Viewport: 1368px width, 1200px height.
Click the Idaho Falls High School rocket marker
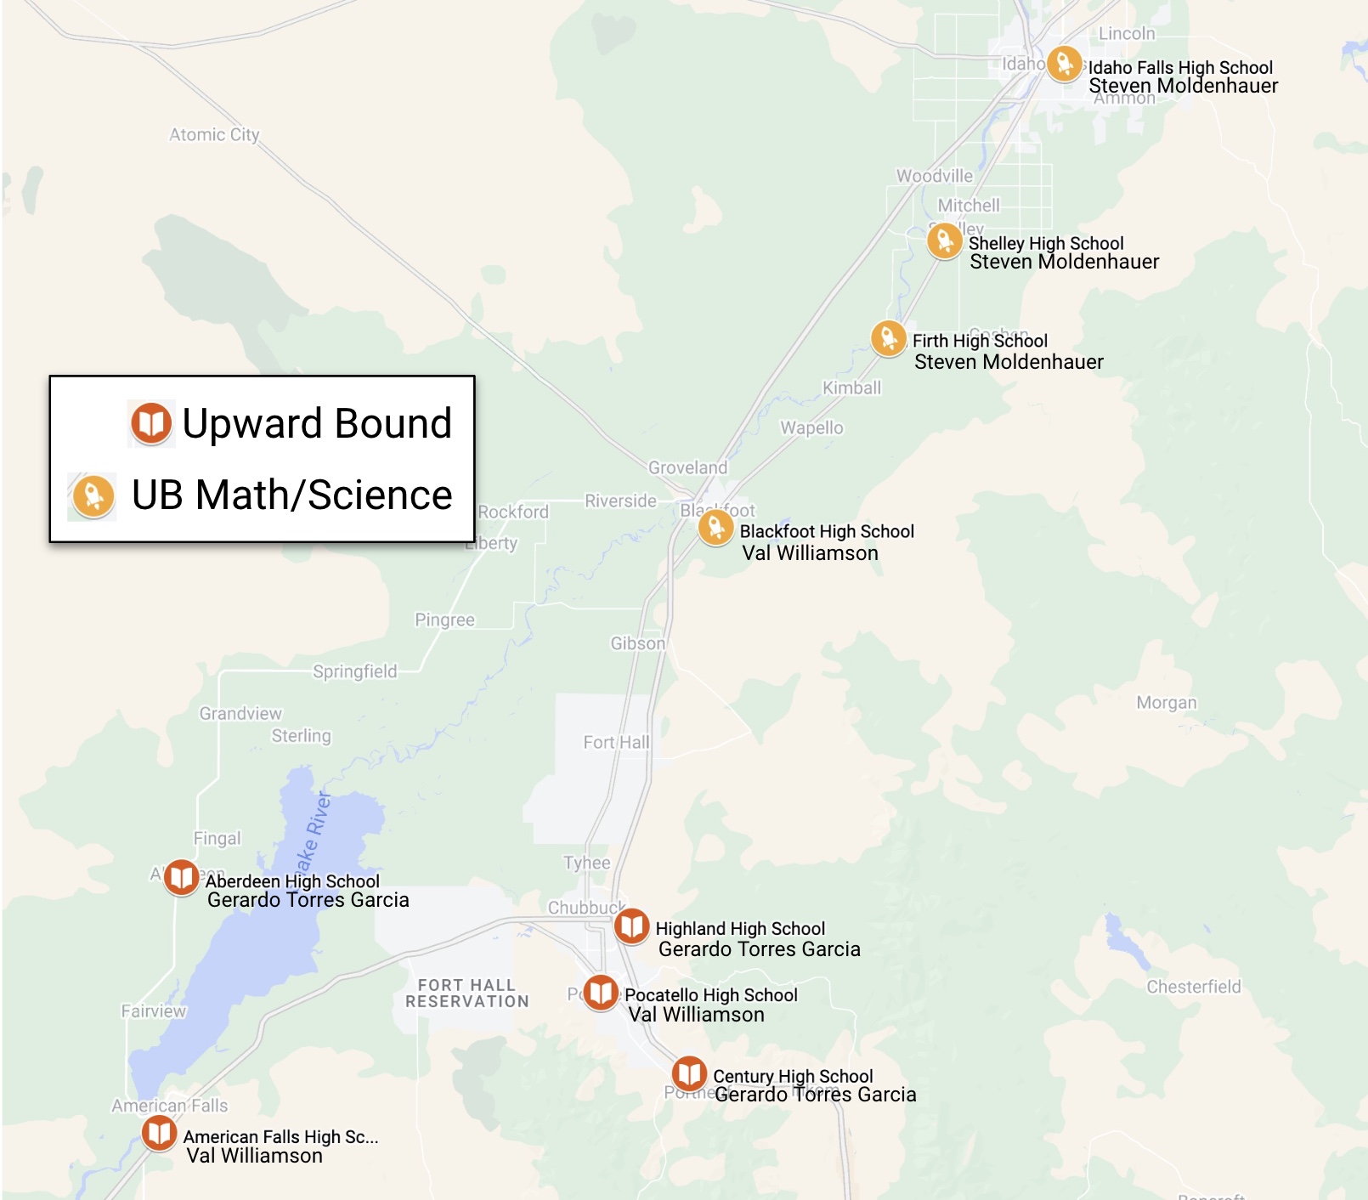(x=1064, y=63)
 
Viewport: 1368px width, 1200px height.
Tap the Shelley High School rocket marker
(x=944, y=241)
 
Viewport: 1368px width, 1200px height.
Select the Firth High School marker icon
(x=888, y=338)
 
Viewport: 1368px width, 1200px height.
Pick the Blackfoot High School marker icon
(x=715, y=527)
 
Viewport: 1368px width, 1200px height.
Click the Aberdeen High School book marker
(x=181, y=877)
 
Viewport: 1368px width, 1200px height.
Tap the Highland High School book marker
(x=631, y=926)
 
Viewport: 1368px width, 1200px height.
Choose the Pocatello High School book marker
(x=601, y=992)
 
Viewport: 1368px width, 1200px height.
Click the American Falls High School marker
(x=159, y=1132)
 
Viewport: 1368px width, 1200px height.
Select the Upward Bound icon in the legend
(x=151, y=423)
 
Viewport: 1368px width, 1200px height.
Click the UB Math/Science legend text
(x=291, y=495)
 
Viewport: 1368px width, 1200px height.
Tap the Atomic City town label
(x=214, y=134)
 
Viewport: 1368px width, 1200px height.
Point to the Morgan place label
(x=1166, y=703)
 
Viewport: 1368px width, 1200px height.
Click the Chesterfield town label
(x=1193, y=987)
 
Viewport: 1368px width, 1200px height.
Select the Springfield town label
(x=354, y=671)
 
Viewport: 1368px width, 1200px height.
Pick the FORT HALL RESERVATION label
(x=466, y=993)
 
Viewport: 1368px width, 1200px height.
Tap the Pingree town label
(x=444, y=620)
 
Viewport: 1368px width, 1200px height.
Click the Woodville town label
(x=934, y=176)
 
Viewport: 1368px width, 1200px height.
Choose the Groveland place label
(x=687, y=467)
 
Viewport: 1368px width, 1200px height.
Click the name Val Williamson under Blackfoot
(x=810, y=553)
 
